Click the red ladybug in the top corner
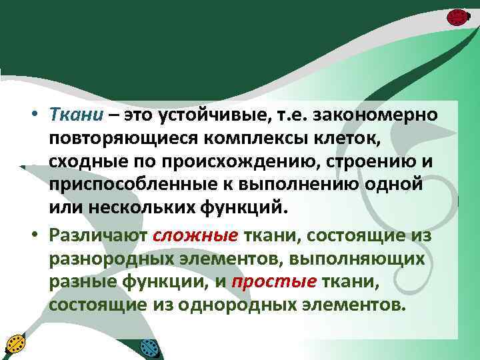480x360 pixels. [457, 17]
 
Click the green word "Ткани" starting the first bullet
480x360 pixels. [77, 115]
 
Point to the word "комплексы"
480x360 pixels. [253, 138]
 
